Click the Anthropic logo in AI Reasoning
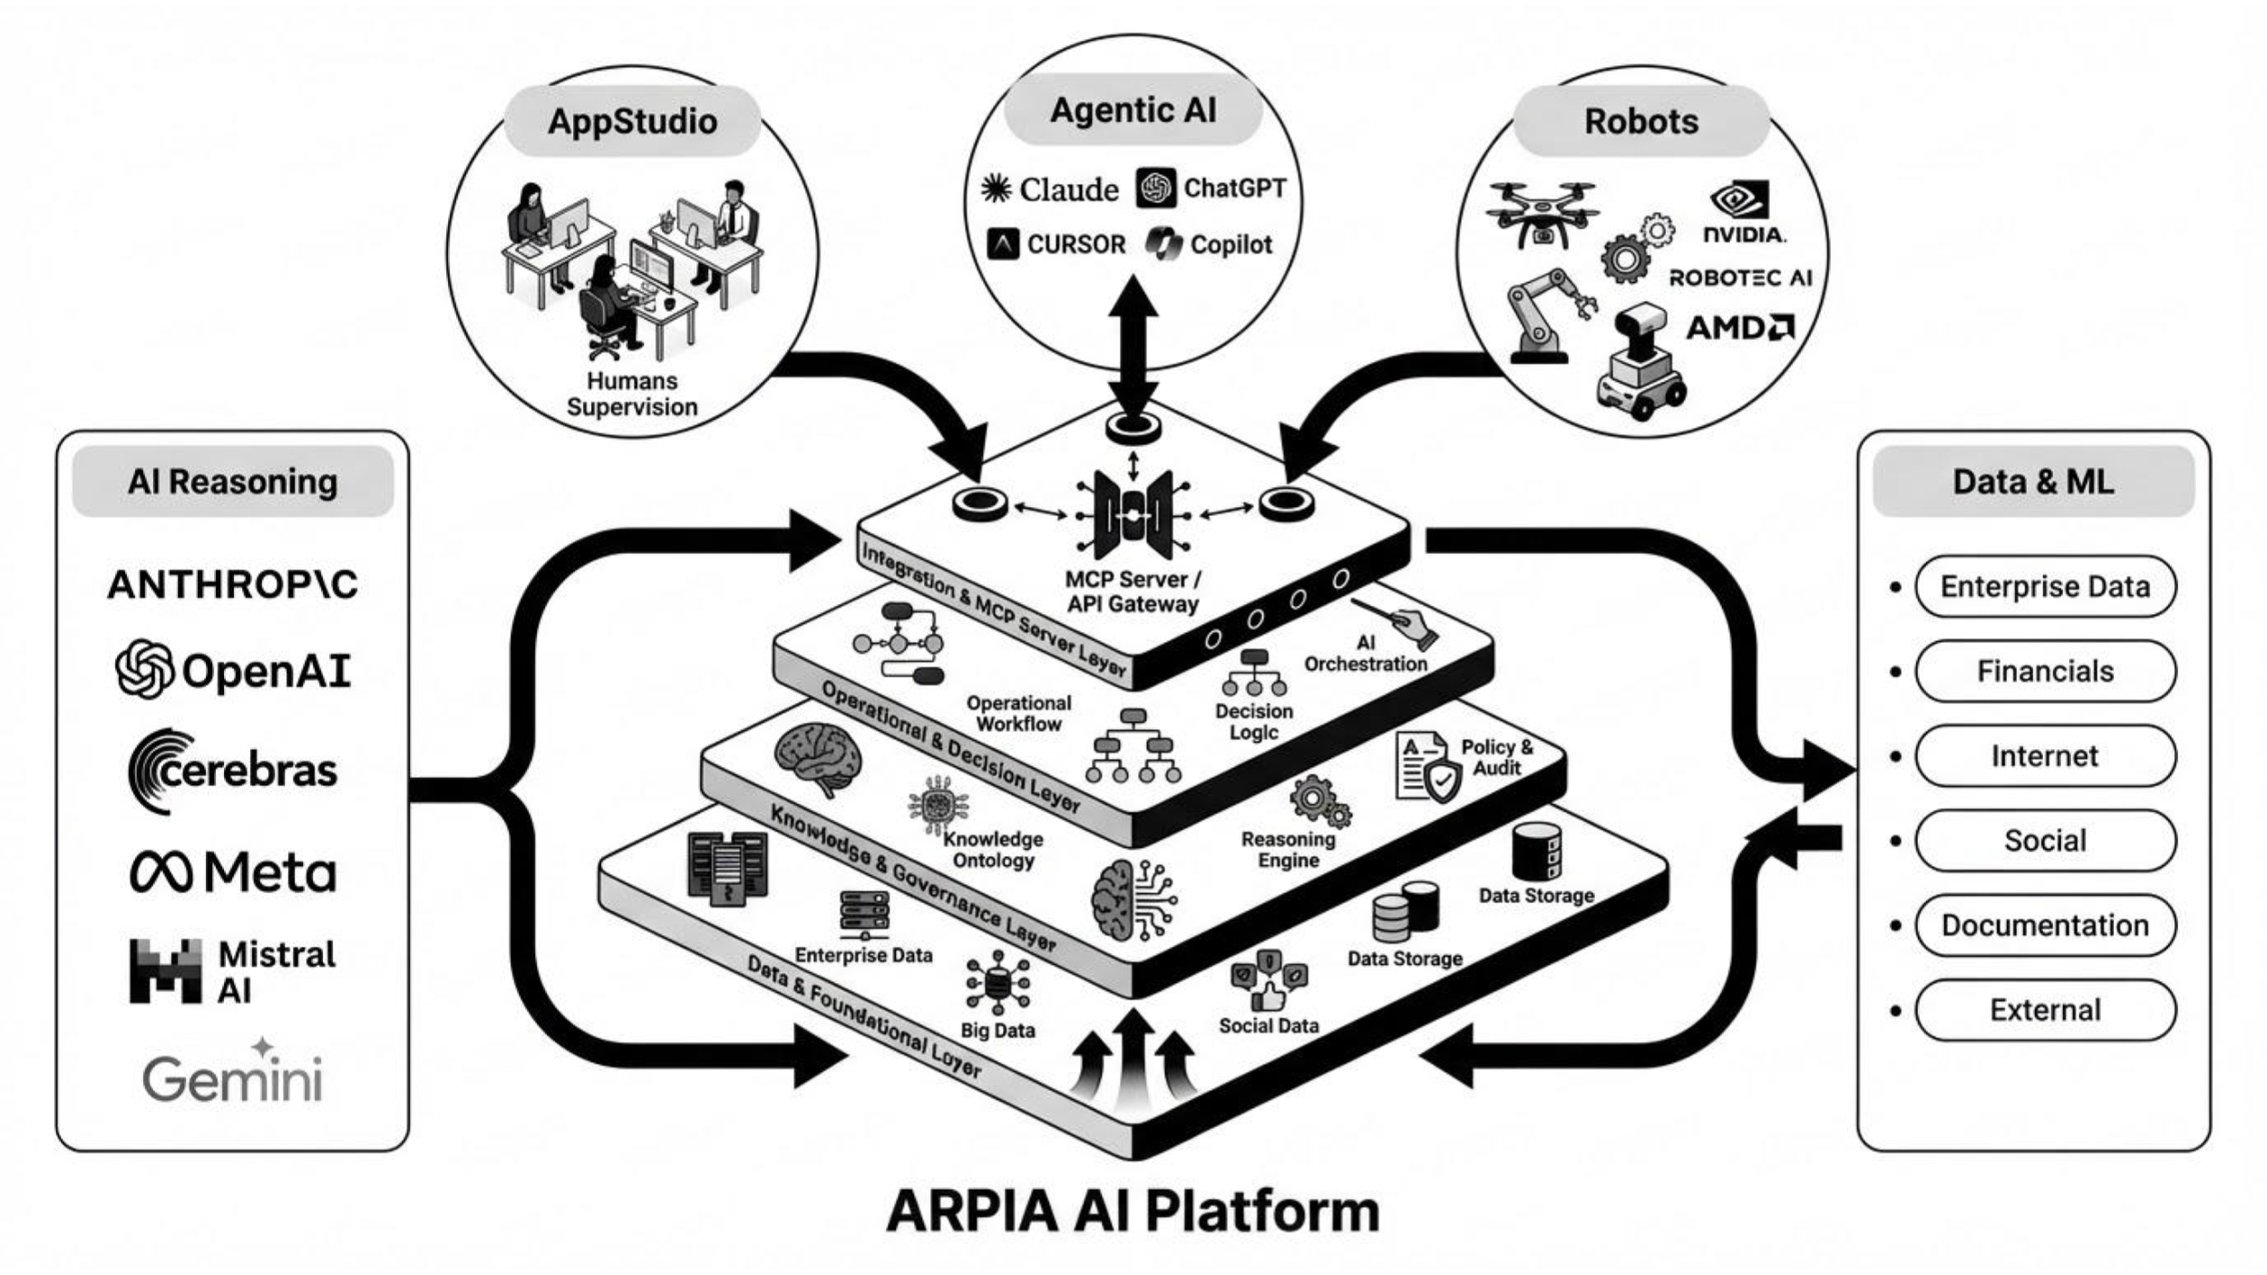(x=233, y=585)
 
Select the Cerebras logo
(x=233, y=771)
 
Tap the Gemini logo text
(x=233, y=1077)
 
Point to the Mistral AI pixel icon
(x=165, y=971)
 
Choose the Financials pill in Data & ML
(x=2045, y=671)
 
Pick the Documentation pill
(x=2045, y=925)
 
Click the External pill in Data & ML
(x=2045, y=1009)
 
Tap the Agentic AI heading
(x=1133, y=111)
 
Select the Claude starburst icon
(x=996, y=189)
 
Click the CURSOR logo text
(x=1075, y=245)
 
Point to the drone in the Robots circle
(x=1542, y=214)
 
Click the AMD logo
(x=1739, y=327)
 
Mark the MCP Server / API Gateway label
(x=1133, y=591)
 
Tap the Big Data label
(x=997, y=1030)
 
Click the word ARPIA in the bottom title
(x=972, y=1212)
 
